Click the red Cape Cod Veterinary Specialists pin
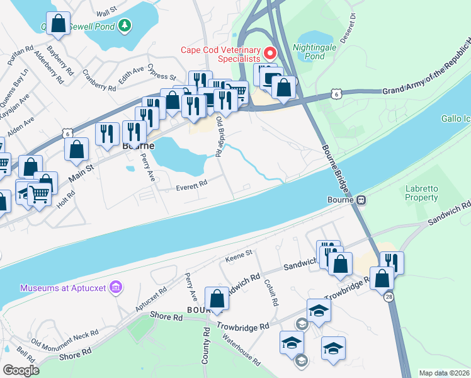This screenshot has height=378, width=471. (272, 52)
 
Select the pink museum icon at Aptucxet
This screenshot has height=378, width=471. (115, 288)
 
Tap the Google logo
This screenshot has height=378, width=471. (21, 370)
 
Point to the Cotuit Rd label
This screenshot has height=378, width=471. (271, 292)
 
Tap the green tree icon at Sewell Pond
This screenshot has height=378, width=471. (126, 25)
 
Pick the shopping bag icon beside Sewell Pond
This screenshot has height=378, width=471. (58, 24)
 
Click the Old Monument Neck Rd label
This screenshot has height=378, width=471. (65, 340)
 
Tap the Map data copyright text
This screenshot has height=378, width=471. (444, 372)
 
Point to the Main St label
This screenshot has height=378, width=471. (81, 173)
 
